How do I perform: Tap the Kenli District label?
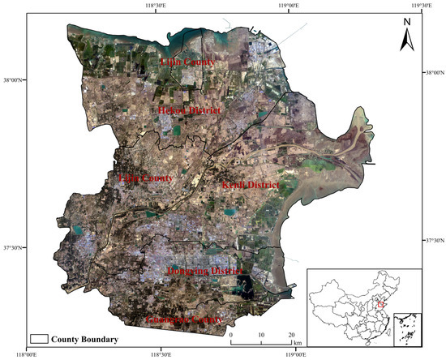(250, 186)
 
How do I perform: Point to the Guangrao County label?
(184, 319)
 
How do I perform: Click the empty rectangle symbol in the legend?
(38, 338)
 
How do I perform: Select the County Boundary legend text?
(85, 338)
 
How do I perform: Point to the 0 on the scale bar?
(231, 334)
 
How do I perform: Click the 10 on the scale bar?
(261, 334)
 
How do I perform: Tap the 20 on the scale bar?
(290, 334)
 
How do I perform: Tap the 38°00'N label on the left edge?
(11, 79)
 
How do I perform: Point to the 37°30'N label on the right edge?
(435, 241)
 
